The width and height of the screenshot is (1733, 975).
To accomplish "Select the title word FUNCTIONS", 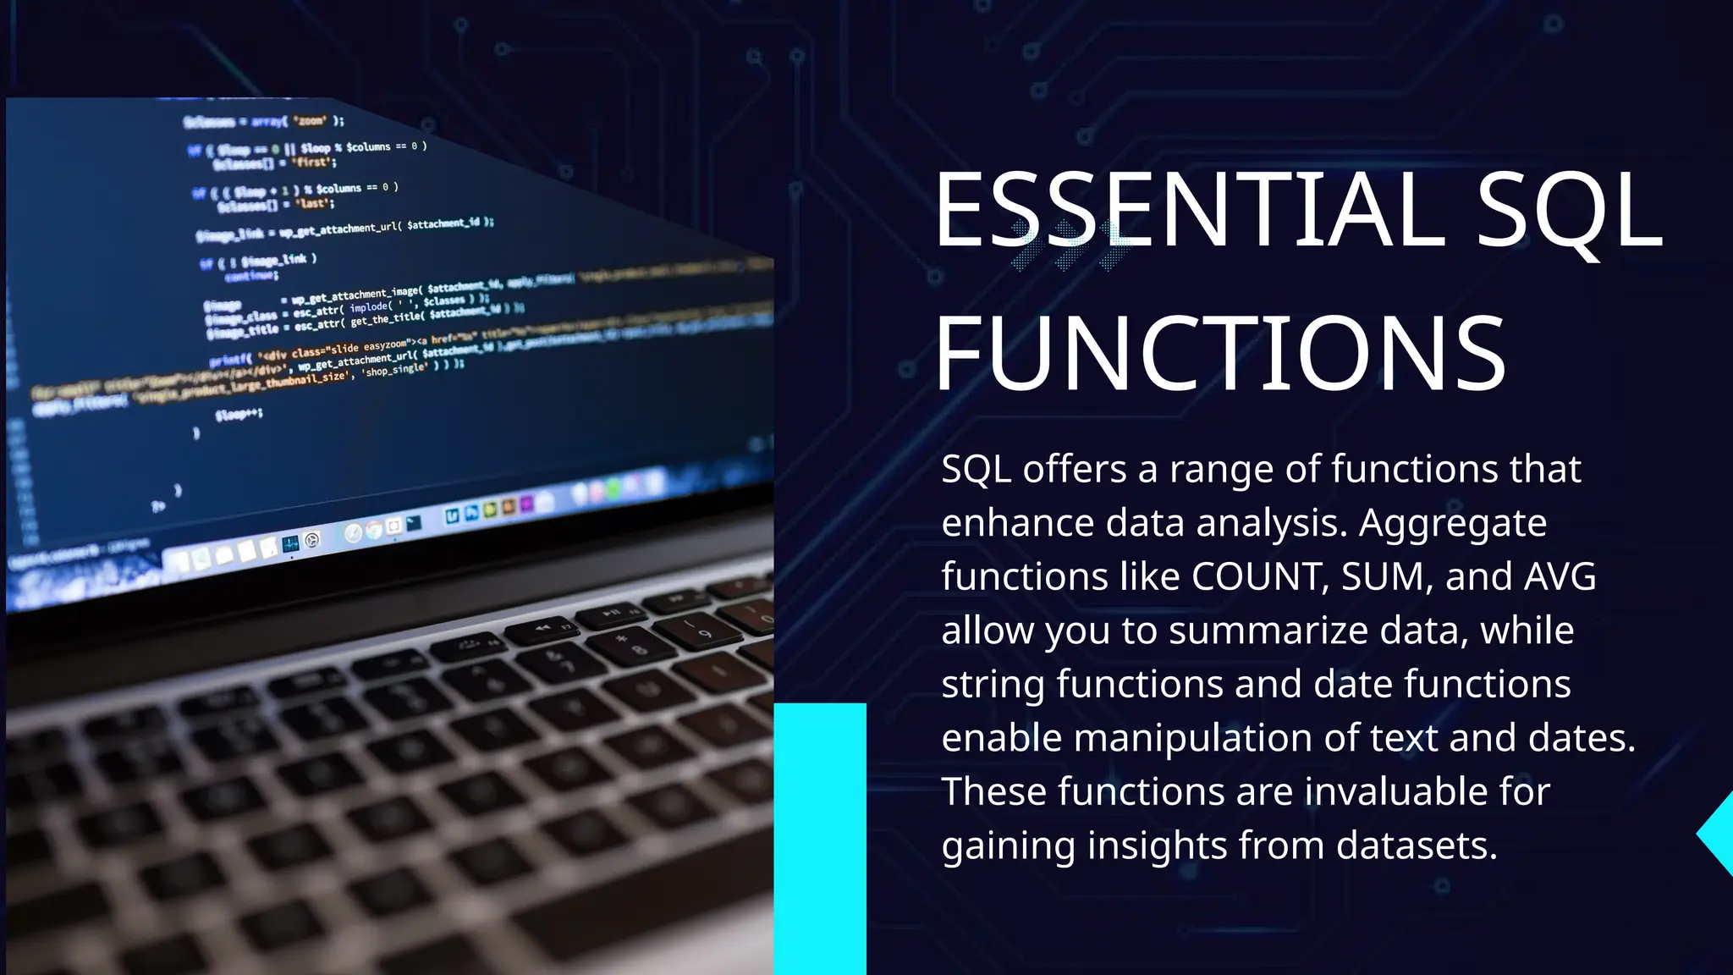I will click(1220, 354).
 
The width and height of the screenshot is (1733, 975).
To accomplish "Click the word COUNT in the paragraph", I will click(1256, 577).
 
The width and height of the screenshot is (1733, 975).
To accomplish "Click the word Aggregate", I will click(1452, 523).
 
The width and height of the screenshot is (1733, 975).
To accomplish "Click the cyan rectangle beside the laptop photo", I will click(820, 838).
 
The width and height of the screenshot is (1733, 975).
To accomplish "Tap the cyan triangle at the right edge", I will click(1718, 835).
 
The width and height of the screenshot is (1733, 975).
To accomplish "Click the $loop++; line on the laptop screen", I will click(239, 414).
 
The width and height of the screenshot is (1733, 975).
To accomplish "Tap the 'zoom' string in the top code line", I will click(310, 121).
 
